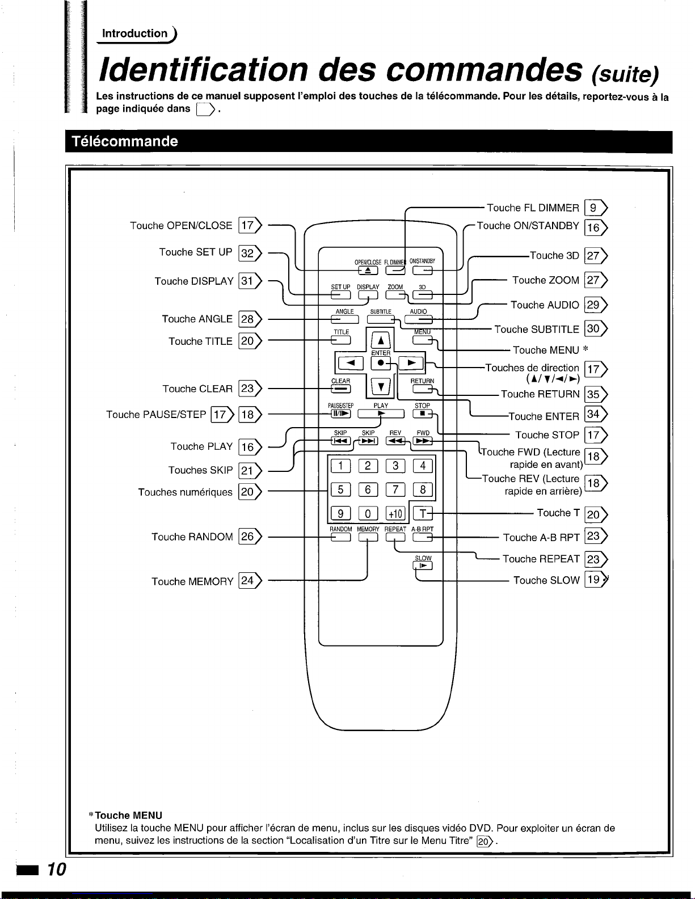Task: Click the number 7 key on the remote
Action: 395,489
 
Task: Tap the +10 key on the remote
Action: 395,514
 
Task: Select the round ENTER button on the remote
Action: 381,363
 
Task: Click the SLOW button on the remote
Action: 423,565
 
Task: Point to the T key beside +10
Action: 423,514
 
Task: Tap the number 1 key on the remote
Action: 340,466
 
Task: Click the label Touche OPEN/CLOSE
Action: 181,226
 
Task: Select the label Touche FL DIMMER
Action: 533,208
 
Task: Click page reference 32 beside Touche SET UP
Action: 248,253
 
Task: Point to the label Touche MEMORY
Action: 192,581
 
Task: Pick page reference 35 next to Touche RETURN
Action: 593,394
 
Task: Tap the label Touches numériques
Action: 185,492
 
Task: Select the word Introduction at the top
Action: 135,33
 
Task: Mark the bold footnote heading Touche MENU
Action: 129,816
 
